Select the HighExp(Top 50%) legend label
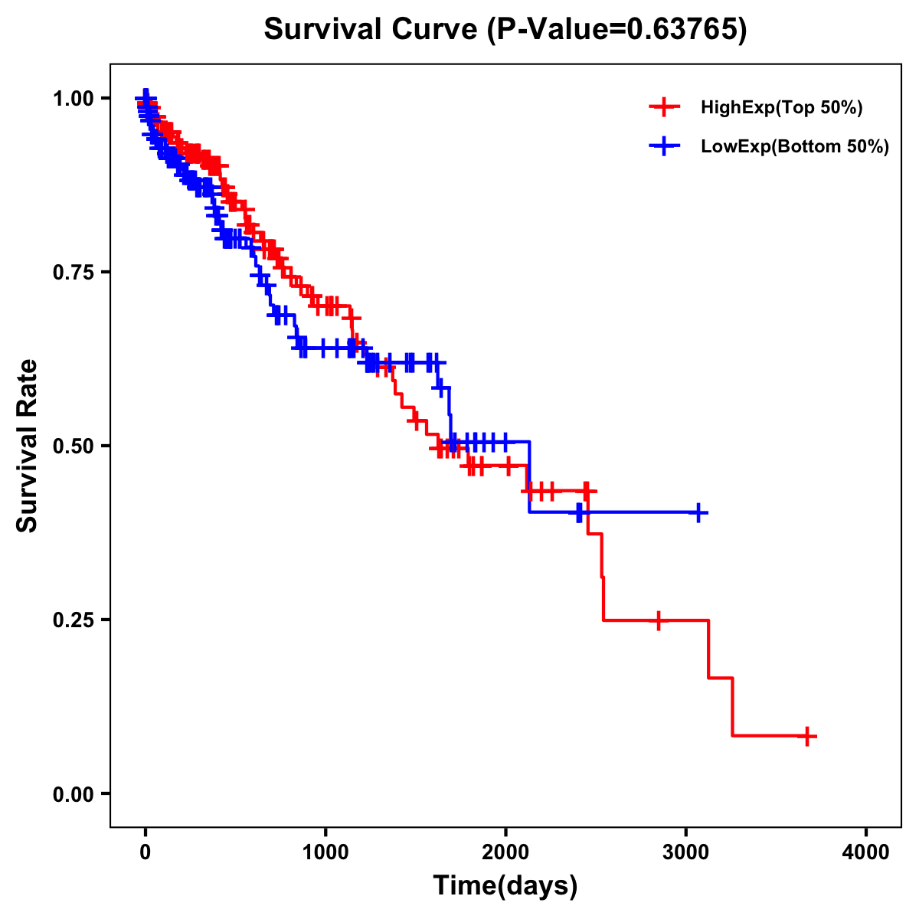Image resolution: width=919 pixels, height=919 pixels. point(781,108)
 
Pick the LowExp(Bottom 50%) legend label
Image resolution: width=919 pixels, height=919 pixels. point(795,146)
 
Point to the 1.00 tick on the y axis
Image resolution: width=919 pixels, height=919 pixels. point(74,98)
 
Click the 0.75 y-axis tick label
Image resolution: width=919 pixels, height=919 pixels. point(74,272)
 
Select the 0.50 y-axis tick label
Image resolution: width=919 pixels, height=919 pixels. point(74,446)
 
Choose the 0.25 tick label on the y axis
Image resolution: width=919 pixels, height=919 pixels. point(74,620)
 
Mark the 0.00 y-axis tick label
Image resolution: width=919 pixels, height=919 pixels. point(74,793)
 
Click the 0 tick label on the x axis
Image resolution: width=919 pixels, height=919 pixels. point(146,852)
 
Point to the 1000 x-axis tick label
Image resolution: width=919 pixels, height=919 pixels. point(325,852)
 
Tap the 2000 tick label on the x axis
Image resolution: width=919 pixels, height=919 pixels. point(505,852)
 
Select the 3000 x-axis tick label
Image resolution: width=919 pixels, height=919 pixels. point(686,852)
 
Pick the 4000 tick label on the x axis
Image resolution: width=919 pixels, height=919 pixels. point(866,852)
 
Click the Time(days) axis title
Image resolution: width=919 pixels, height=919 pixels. point(505,885)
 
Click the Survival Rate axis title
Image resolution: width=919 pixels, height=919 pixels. point(28,446)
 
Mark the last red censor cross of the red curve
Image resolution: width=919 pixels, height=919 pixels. point(806,736)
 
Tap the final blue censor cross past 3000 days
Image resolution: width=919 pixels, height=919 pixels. point(698,512)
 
